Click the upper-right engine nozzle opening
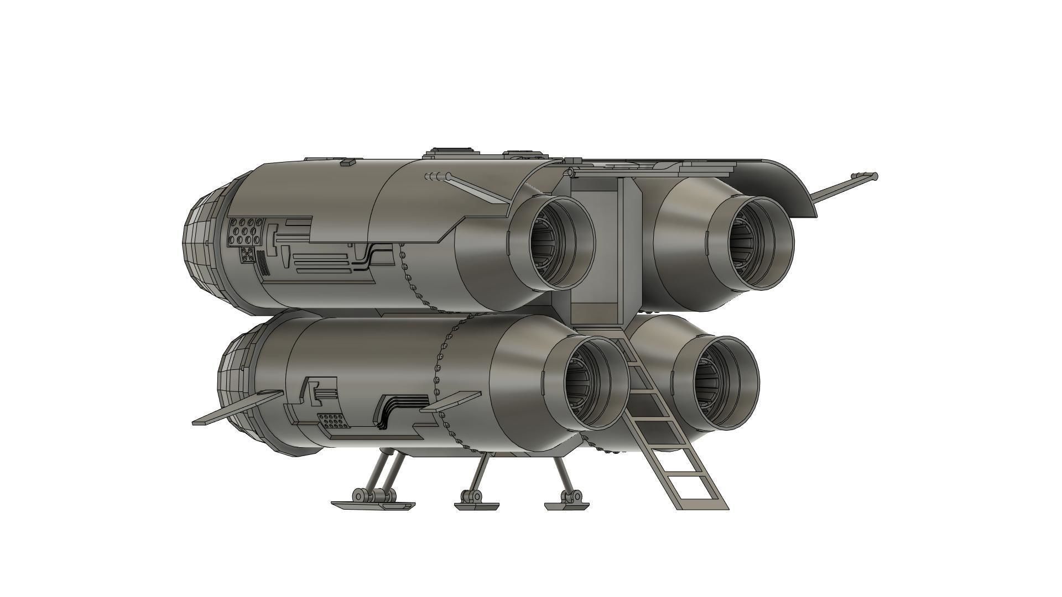point(755,242)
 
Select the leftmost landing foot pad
point(373,505)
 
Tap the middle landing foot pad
point(476,505)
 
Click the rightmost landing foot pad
point(567,505)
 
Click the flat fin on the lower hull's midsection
point(450,402)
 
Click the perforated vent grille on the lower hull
point(334,421)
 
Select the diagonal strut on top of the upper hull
point(478,190)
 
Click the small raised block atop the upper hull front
point(348,163)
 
